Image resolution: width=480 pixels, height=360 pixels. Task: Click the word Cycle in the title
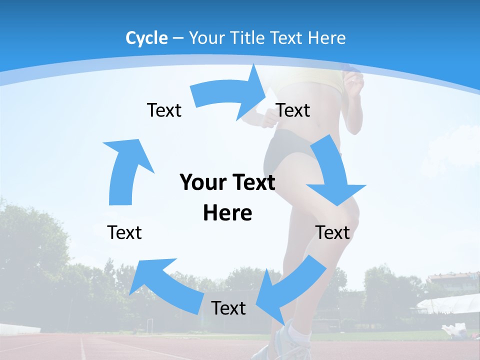coord(146,38)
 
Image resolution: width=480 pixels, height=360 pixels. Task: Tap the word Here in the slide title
coord(327,38)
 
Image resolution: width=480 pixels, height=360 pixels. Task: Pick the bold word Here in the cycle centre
coord(227,213)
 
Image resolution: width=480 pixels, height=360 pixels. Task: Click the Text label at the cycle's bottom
coord(228,308)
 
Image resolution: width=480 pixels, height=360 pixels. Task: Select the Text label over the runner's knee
coord(332,232)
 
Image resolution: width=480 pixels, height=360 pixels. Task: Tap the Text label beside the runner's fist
coord(293,110)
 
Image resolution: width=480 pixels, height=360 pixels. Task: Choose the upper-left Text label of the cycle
coord(164,110)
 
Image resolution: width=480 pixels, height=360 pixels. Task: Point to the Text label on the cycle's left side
coord(124,232)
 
